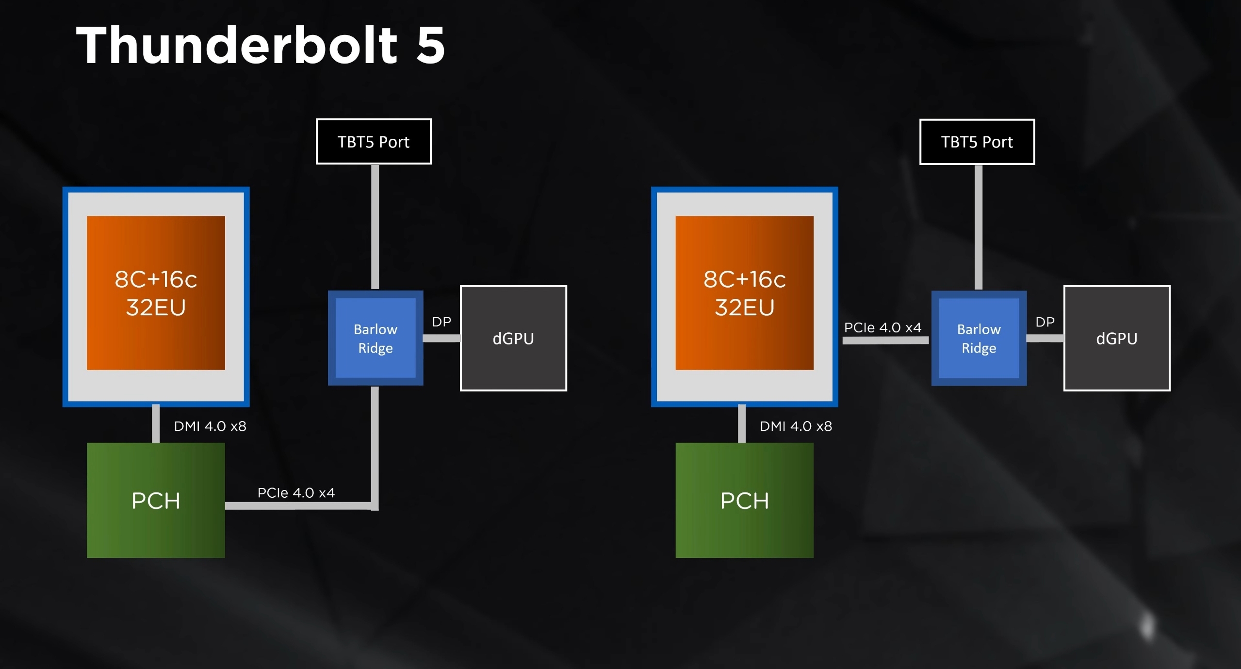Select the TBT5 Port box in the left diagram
(x=374, y=142)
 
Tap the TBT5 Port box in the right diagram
(x=977, y=142)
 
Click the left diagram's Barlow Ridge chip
(x=376, y=338)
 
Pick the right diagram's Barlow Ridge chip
(x=979, y=338)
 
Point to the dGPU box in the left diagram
(x=513, y=338)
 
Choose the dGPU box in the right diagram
(x=1117, y=338)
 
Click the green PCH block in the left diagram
(x=156, y=500)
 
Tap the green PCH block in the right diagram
(x=744, y=500)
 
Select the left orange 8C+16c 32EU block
(x=156, y=293)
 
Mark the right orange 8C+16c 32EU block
(x=744, y=293)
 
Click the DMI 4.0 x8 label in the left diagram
(x=210, y=426)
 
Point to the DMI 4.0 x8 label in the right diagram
(x=796, y=426)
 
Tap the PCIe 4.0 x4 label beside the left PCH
(x=296, y=493)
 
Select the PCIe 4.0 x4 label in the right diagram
(x=882, y=327)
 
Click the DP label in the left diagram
(x=441, y=322)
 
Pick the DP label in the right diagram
(x=1045, y=322)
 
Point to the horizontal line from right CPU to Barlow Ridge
(x=885, y=341)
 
